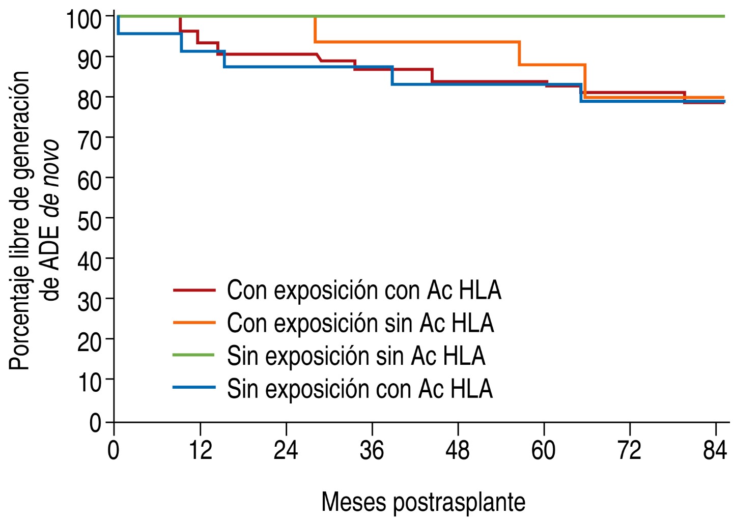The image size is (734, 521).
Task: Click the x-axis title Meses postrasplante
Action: point(423,502)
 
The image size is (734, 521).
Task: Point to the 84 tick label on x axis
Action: point(715,450)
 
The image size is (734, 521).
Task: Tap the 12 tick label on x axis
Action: point(200,450)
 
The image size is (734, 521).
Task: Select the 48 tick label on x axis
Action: point(458,450)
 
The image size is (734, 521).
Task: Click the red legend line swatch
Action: point(194,291)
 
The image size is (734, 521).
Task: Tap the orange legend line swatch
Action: point(194,323)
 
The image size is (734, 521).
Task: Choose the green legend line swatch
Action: point(194,355)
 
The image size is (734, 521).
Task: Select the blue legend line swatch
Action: point(194,388)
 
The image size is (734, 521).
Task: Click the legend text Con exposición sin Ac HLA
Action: point(360,323)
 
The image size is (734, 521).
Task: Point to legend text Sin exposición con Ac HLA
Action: point(360,388)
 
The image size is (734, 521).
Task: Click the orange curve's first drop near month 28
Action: point(315,30)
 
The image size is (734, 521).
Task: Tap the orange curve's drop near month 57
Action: point(519,53)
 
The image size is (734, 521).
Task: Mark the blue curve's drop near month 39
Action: point(392,75)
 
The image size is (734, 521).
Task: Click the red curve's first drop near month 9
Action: point(181,24)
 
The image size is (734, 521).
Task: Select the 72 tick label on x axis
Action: point(630,450)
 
